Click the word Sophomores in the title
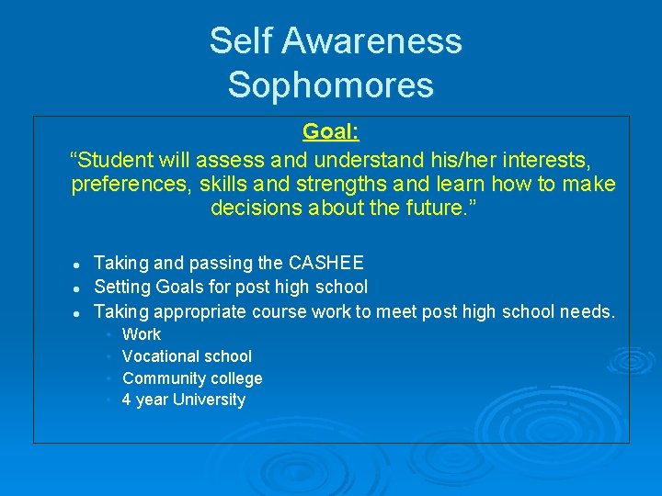pos(330,85)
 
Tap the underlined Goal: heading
pos(330,131)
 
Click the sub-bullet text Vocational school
pos(187,356)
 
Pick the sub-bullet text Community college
pos(192,378)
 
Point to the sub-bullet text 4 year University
pos(184,400)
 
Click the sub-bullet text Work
pos(142,334)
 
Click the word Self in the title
pos(240,41)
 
